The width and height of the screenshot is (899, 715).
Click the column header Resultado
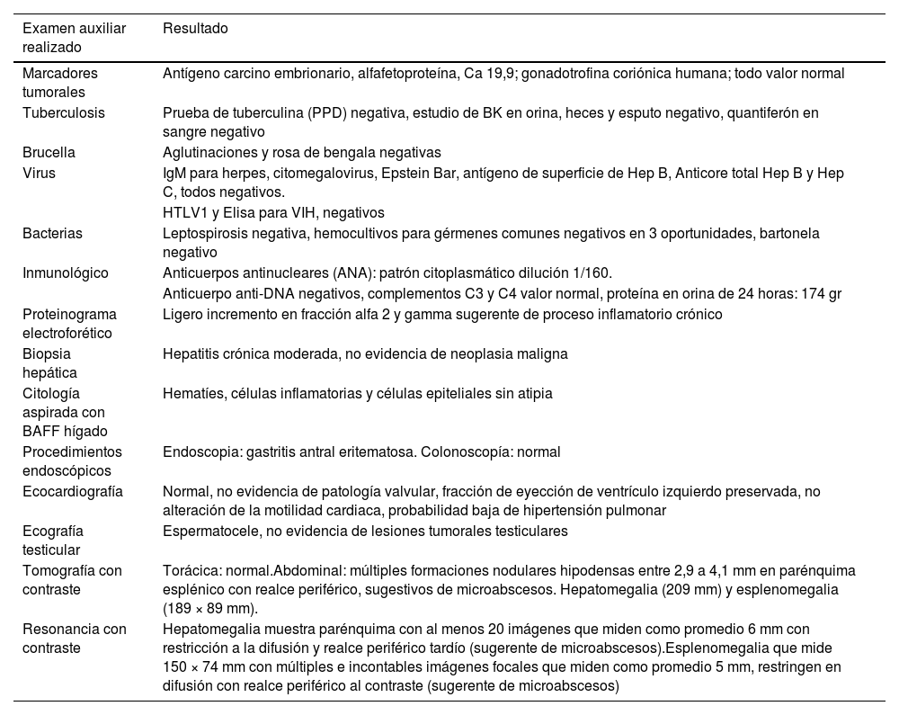(x=195, y=29)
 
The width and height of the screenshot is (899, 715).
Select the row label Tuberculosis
(x=64, y=113)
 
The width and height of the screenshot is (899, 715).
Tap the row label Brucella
(x=49, y=153)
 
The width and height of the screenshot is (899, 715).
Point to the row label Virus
(x=39, y=173)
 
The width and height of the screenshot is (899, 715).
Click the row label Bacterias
(x=52, y=234)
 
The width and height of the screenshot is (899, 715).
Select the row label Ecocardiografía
(x=73, y=492)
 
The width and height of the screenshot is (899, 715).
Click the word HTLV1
(x=183, y=213)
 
